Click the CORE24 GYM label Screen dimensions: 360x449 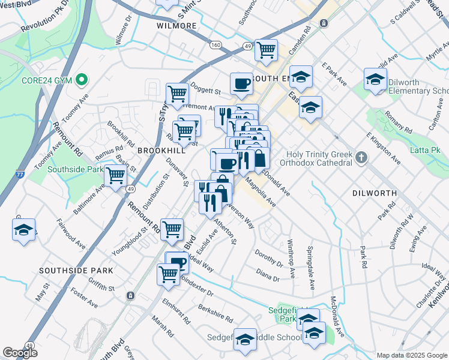click(x=47, y=79)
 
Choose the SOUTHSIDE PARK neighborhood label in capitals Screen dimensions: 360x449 click(x=76, y=271)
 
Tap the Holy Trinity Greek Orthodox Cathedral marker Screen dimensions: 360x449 click(x=361, y=158)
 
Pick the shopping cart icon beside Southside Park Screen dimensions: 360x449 click(x=115, y=176)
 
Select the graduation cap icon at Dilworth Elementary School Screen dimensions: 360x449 click(x=375, y=79)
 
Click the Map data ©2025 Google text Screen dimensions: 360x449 click(x=411, y=355)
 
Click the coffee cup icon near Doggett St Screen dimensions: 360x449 click(x=241, y=83)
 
